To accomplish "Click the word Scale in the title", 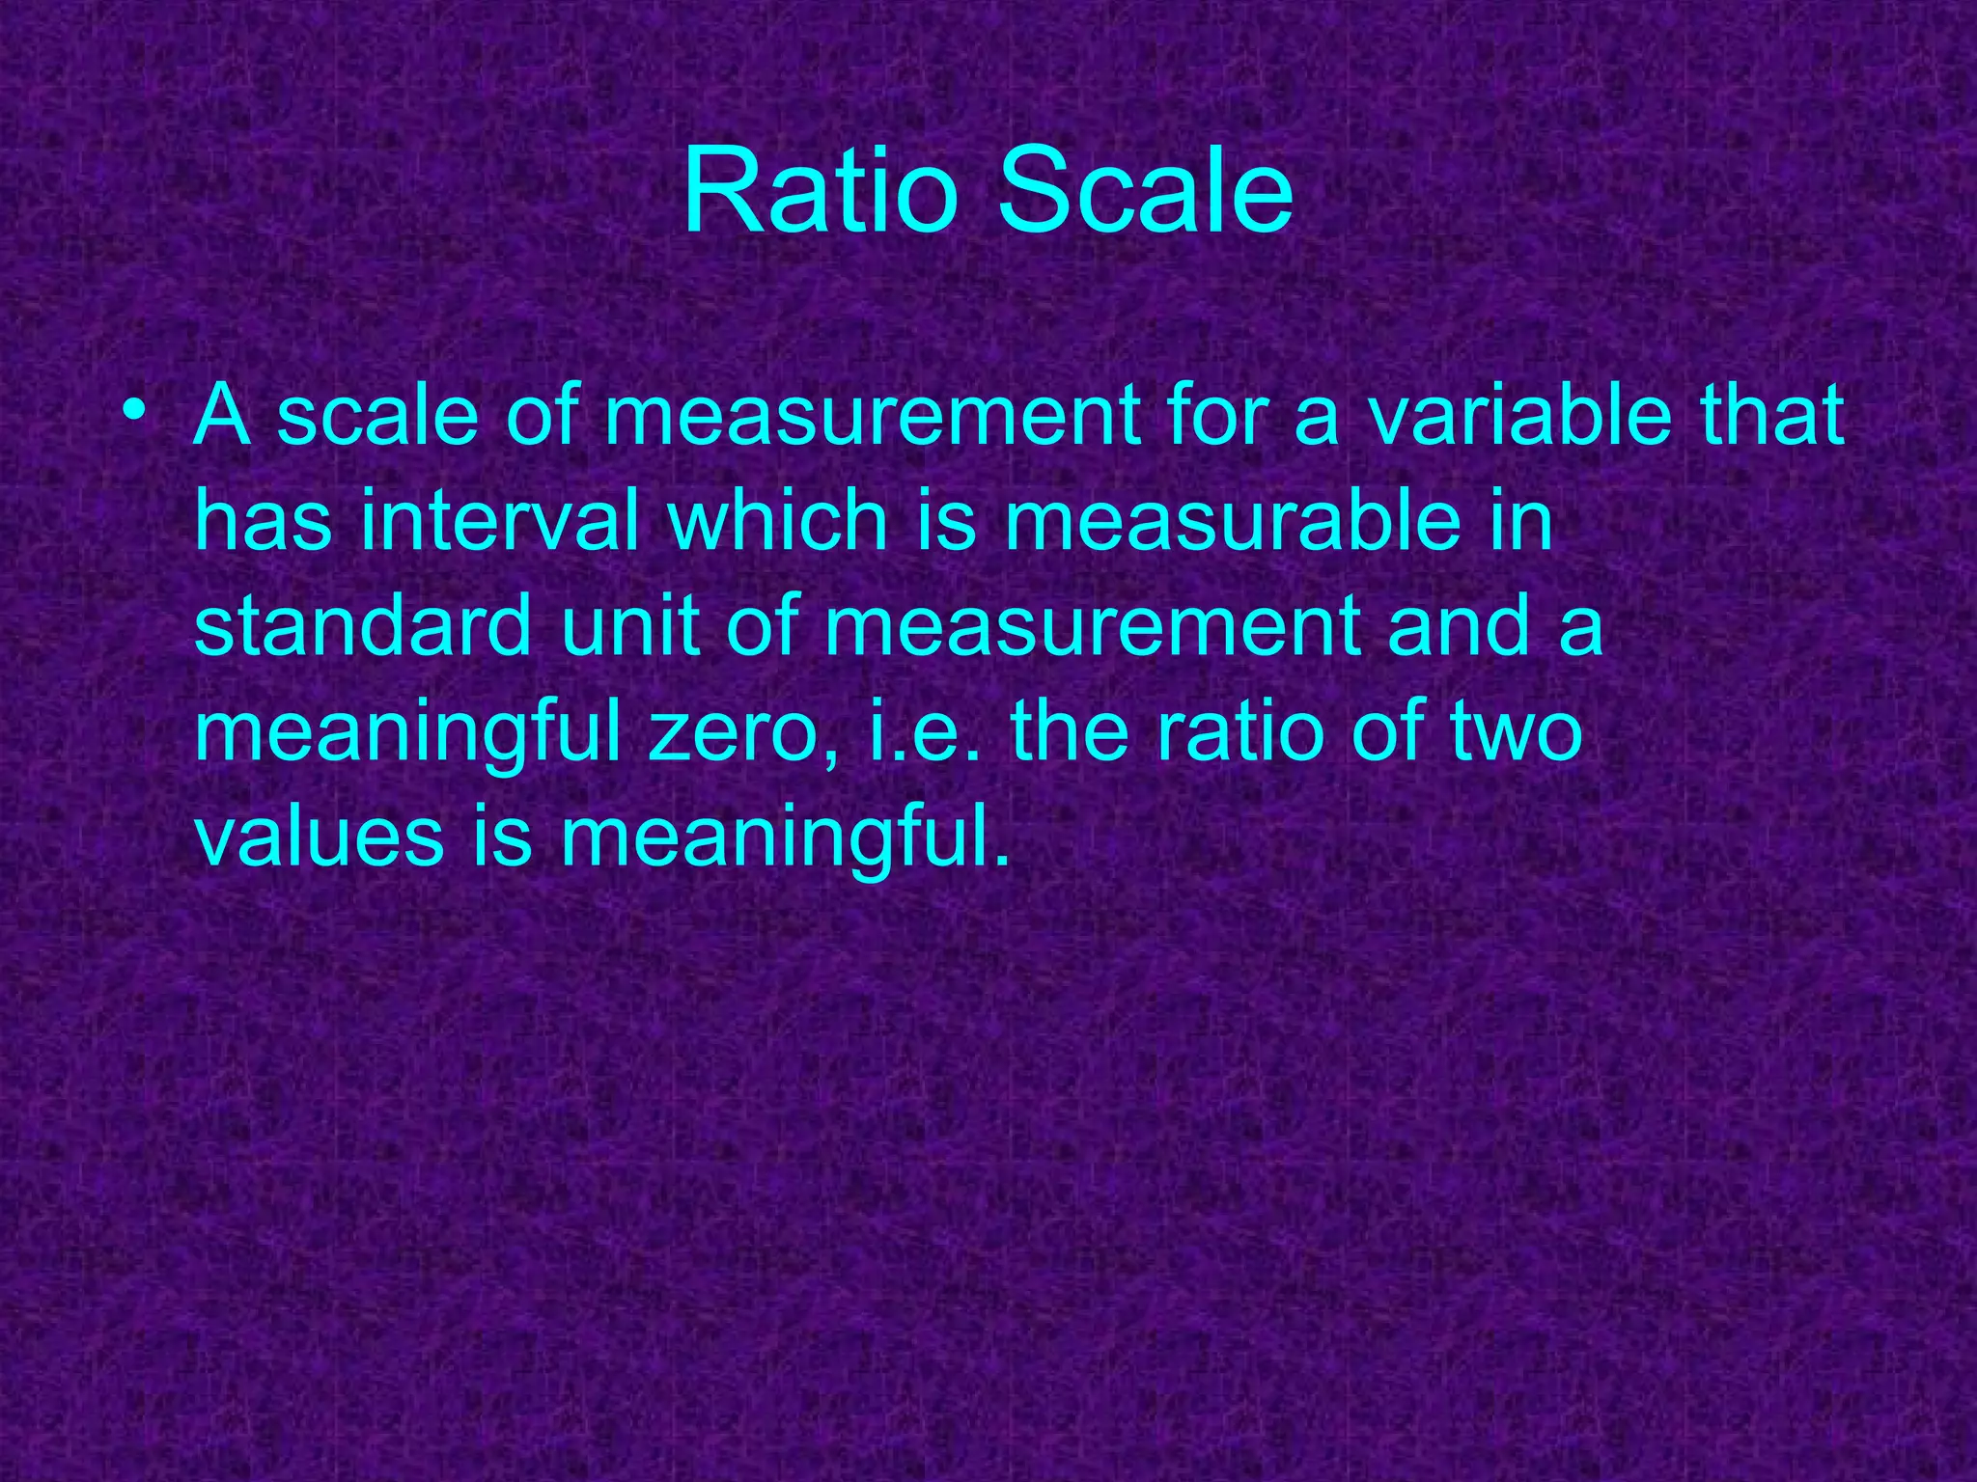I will pyautogui.click(x=1145, y=191).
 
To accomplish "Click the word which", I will pyautogui.click(x=777, y=521).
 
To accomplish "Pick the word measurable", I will pyautogui.click(x=1232, y=521).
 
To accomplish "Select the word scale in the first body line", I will pyautogui.click(x=377, y=416).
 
